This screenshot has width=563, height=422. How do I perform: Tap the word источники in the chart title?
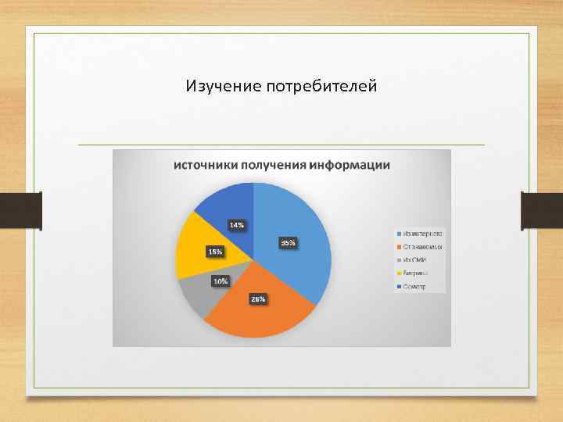205,166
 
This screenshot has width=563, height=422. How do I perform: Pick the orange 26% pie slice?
258,313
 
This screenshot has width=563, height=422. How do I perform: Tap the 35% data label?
288,243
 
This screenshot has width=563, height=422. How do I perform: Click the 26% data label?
258,299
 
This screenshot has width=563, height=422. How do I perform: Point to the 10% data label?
221,281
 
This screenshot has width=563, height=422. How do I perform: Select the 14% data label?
236,225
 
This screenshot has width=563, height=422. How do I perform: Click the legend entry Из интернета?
422,233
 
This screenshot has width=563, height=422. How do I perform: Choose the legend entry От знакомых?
422,247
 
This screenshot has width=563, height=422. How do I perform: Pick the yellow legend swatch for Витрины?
399,274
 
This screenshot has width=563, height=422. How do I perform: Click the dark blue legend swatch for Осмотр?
399,287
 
